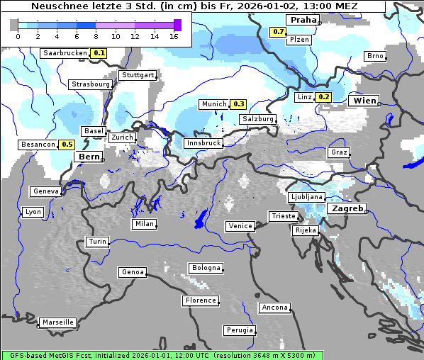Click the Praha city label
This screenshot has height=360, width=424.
click(x=303, y=20)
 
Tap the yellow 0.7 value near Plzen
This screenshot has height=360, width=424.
click(x=278, y=32)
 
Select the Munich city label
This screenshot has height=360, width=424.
click(x=213, y=104)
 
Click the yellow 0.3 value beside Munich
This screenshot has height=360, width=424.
click(x=239, y=104)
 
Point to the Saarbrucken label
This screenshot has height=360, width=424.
click(x=65, y=53)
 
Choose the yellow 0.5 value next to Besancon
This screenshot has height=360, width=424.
click(x=67, y=145)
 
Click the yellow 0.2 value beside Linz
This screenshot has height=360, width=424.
click(x=324, y=97)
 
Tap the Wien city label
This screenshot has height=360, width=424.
click(x=363, y=101)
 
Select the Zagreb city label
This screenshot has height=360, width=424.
click(x=347, y=209)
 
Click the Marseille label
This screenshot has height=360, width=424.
click(x=57, y=322)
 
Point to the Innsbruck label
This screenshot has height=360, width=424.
click(x=203, y=143)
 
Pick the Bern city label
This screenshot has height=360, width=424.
click(x=89, y=157)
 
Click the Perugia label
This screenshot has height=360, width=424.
click(x=239, y=330)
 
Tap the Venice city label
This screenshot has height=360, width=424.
click(x=240, y=226)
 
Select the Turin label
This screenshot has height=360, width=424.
click(x=97, y=242)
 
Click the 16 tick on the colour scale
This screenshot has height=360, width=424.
click(x=174, y=36)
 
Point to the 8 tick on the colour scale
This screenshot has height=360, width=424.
click(x=95, y=36)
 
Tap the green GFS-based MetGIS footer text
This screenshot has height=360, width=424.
click(x=162, y=355)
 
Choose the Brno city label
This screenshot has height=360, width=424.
click(x=375, y=56)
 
